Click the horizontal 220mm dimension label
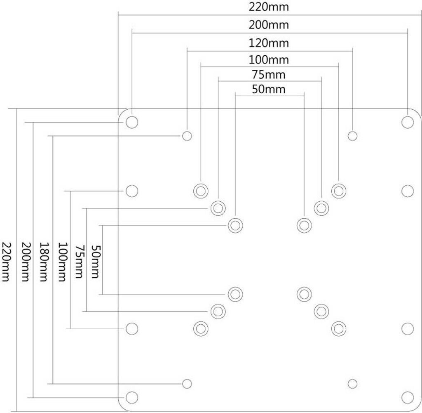pyautogui.click(x=268, y=7)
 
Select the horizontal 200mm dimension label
pyautogui.click(x=268, y=25)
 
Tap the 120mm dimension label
pyautogui.click(x=268, y=43)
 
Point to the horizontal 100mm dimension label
pyautogui.click(x=268, y=59)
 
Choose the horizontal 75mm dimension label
pyautogui.click(x=268, y=74)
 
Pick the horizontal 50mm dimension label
pyautogui.click(x=268, y=89)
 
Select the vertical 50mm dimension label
pyautogui.click(x=96, y=261)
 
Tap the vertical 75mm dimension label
pyautogui.click(x=79, y=261)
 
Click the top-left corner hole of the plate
pyautogui.click(x=132, y=122)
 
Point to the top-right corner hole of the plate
pyautogui.click(x=408, y=122)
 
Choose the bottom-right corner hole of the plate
pyautogui.click(x=408, y=397)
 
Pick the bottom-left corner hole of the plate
pyautogui.click(x=132, y=397)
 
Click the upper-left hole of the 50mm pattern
pyautogui.click(x=235, y=226)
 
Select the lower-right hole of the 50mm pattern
pyautogui.click(x=304, y=294)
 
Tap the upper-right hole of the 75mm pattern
pyautogui.click(x=321, y=208)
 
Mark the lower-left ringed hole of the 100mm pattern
pyautogui.click(x=201, y=329)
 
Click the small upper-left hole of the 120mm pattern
pyautogui.click(x=187, y=136)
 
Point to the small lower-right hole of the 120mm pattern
pyautogui.click(x=353, y=384)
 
